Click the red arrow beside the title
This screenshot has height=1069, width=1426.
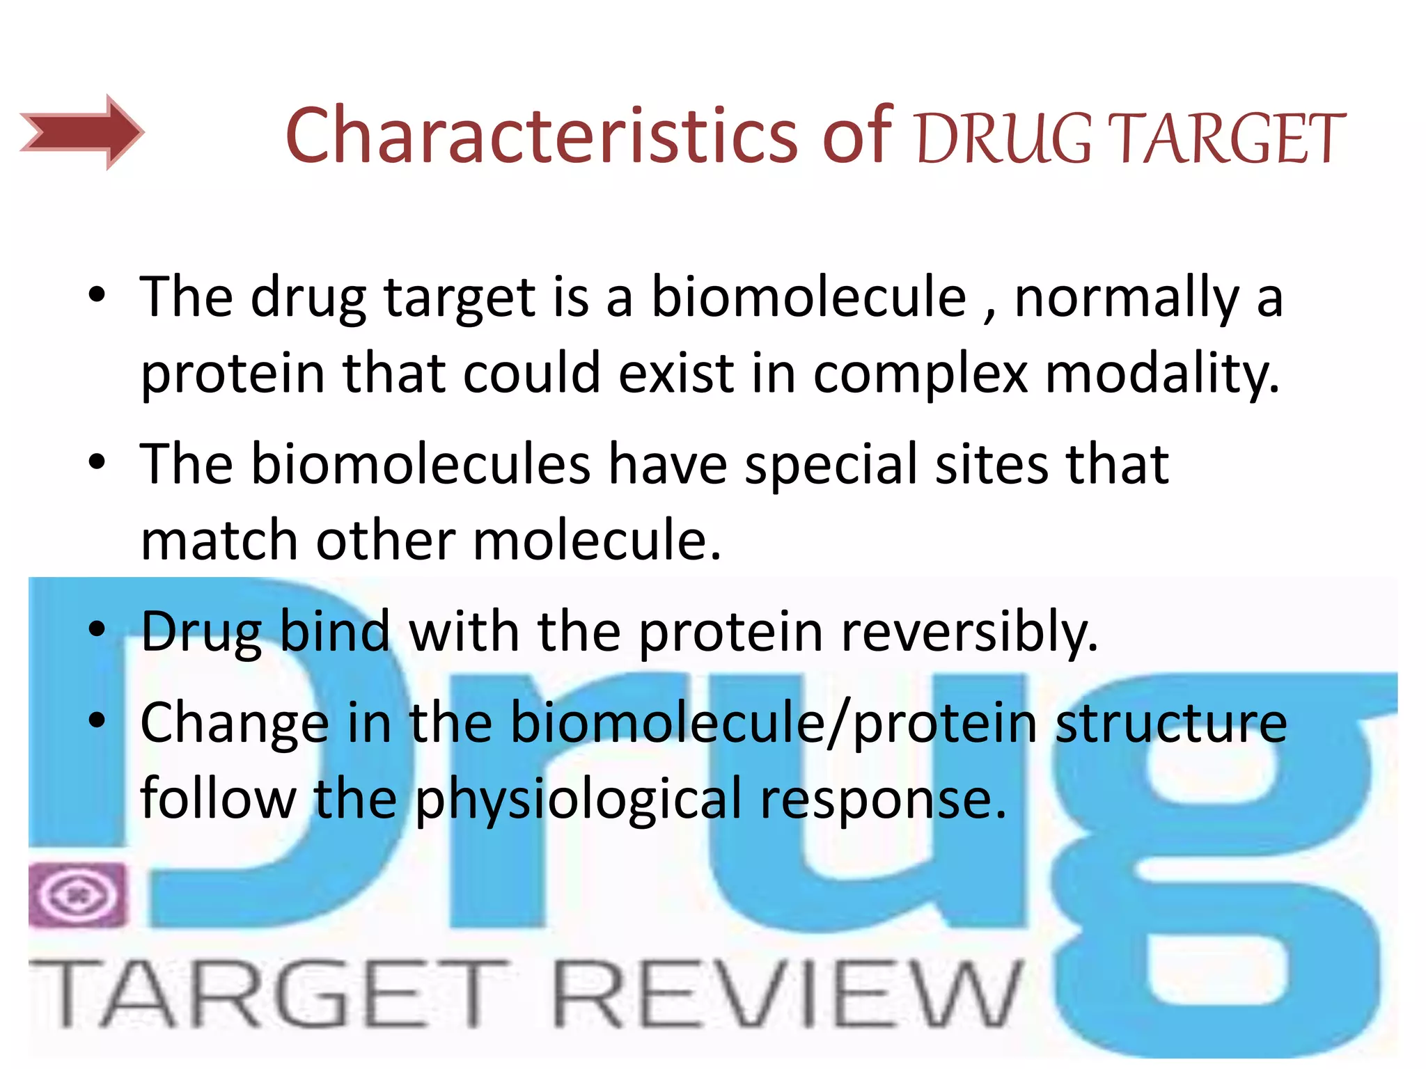(82, 132)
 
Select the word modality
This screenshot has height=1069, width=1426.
(1162, 374)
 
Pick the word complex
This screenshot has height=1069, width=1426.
(920, 374)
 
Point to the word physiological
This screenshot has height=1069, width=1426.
(579, 800)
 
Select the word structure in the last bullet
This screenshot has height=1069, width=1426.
(1171, 724)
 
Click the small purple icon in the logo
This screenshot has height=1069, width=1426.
(78, 895)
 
